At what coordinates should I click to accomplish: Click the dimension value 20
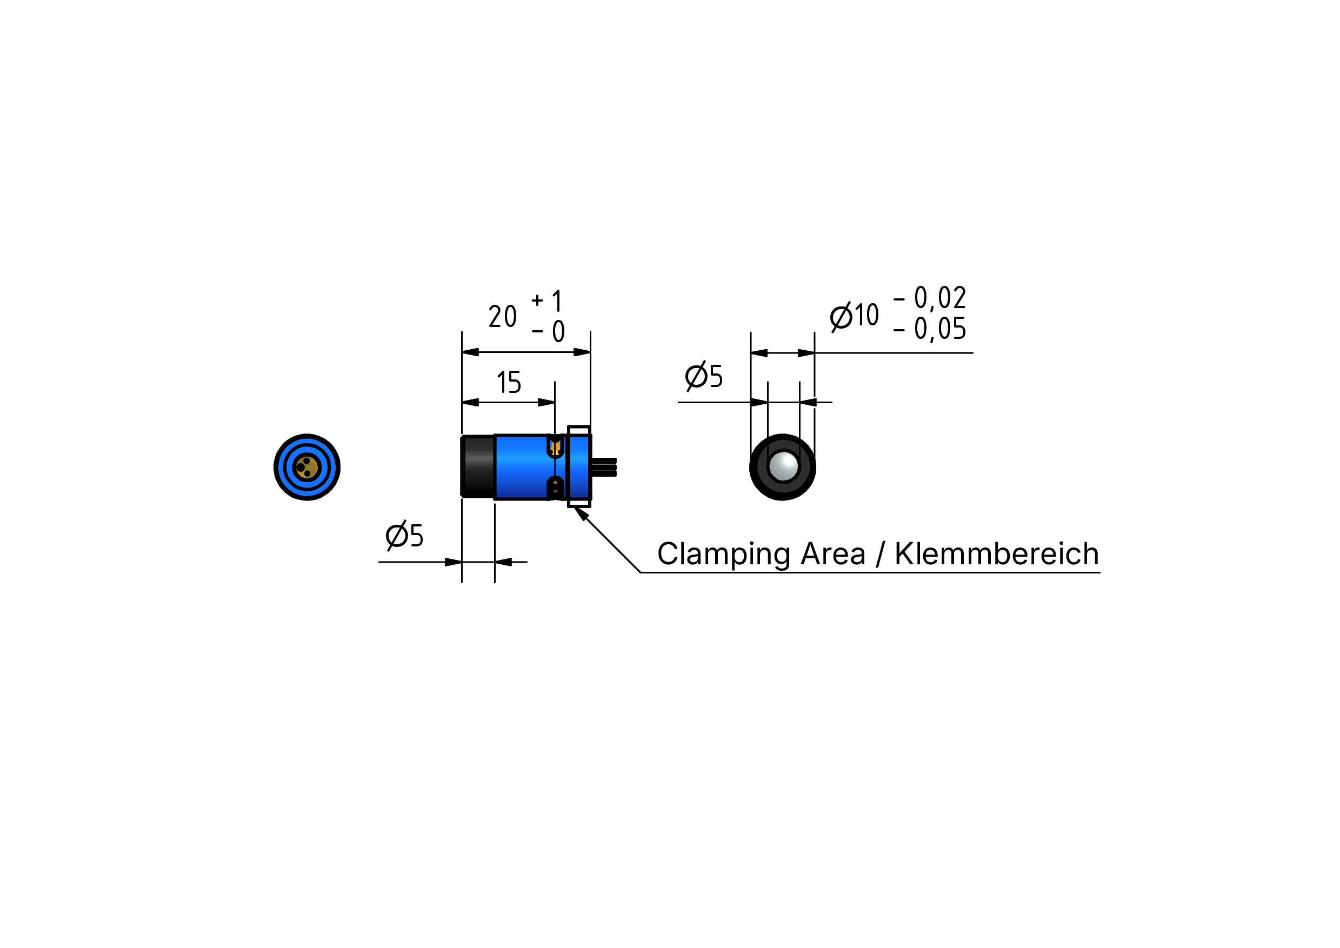pos(502,316)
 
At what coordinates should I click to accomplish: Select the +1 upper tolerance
pos(546,301)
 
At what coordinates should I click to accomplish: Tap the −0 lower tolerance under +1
pos(548,331)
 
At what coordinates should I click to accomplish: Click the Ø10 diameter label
pos(854,316)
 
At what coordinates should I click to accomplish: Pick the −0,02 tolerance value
pos(930,298)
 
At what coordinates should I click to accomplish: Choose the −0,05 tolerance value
pos(930,329)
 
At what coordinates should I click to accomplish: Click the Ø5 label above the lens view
pos(704,376)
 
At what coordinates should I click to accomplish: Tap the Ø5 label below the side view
pos(404,535)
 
